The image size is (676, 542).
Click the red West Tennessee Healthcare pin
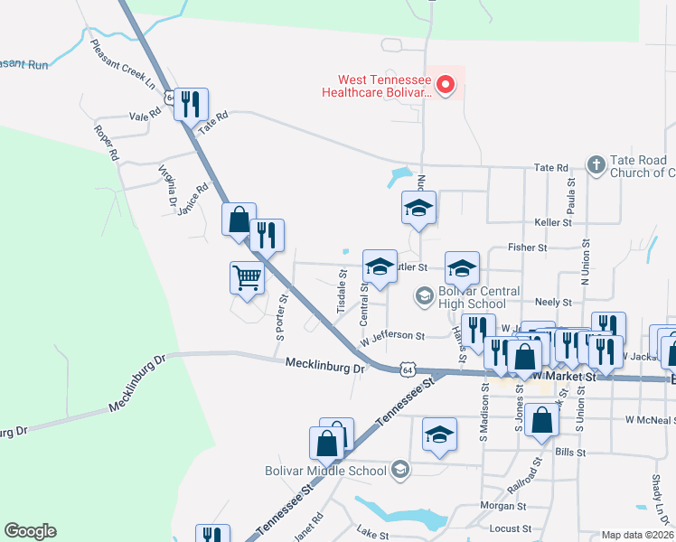pos(445,86)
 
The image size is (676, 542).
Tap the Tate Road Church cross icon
pos(595,165)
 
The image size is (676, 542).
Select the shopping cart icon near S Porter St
pos(247,277)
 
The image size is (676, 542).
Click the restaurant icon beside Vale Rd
pos(191,104)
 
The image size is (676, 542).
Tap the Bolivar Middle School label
pos(325,470)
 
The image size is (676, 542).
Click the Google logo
pos(30,531)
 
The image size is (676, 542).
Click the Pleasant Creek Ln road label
pos(123,62)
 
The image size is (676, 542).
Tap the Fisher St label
pos(528,247)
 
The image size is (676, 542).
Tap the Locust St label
pos(509,528)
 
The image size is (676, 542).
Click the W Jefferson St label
pos(392,337)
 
